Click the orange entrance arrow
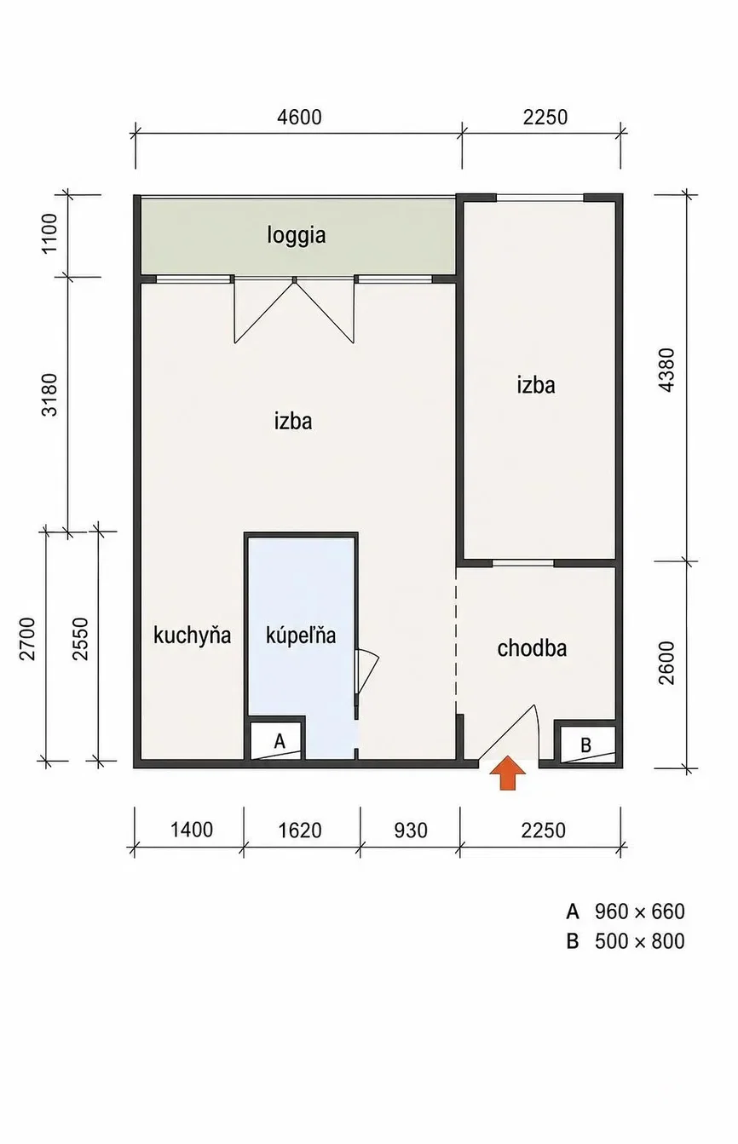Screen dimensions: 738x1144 (x=507, y=773)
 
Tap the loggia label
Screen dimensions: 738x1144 (x=297, y=236)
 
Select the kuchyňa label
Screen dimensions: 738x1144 (x=192, y=635)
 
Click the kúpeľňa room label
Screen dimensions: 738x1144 (x=301, y=635)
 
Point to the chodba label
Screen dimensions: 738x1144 (x=532, y=648)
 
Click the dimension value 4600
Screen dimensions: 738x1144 (x=299, y=117)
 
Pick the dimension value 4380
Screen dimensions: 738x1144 (x=667, y=370)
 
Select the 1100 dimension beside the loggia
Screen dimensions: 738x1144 (x=49, y=233)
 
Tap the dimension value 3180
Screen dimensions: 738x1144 (x=49, y=394)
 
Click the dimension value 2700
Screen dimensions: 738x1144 (x=27, y=639)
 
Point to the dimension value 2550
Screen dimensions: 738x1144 (x=80, y=639)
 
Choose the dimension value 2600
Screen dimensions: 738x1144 (x=667, y=663)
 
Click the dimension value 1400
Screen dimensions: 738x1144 (x=191, y=830)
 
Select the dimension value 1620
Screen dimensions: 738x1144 (x=300, y=830)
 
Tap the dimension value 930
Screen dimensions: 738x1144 (x=411, y=831)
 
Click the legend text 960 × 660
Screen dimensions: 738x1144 (x=639, y=911)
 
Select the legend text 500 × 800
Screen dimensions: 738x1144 (x=639, y=940)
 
